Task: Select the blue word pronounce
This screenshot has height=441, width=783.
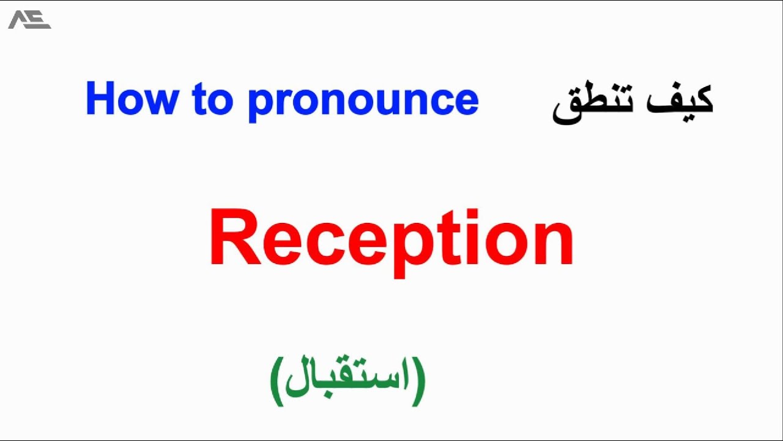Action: tap(363, 101)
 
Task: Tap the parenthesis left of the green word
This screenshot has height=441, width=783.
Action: tap(277, 380)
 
